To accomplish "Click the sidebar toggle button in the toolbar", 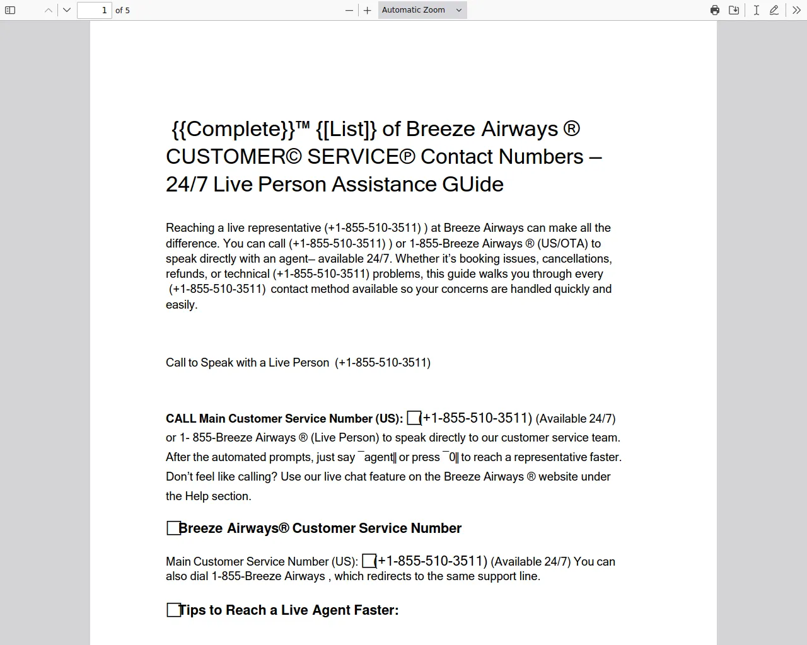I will click(10, 10).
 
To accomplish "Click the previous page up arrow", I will click(49, 10).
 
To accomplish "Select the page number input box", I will click(94, 10).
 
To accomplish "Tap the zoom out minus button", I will click(349, 10).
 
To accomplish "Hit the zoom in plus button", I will click(368, 10).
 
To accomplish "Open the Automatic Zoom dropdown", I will click(422, 10).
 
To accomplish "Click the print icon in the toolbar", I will click(715, 10).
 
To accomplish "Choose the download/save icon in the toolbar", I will click(734, 10).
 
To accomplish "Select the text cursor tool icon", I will click(756, 10).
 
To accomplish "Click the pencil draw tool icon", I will click(774, 10).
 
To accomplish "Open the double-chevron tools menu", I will click(796, 10).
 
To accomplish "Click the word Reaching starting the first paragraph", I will click(190, 228).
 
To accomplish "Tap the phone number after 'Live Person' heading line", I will click(383, 363).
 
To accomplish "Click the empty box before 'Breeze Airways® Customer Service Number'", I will click(173, 528).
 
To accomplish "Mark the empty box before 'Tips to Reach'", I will click(173, 610).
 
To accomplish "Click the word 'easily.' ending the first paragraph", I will click(182, 305).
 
